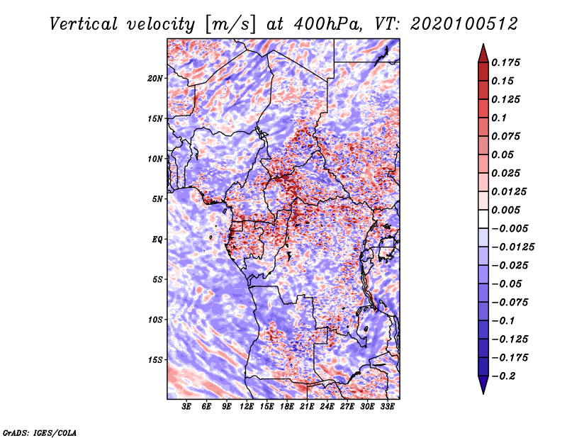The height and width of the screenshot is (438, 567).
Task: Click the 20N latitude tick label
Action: point(155,78)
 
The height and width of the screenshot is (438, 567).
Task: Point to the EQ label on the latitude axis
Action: point(157,240)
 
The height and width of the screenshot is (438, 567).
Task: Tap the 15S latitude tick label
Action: point(155,360)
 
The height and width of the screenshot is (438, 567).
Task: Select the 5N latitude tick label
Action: point(157,199)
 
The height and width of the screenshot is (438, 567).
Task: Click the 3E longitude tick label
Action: point(186,407)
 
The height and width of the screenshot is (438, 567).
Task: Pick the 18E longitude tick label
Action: point(287,407)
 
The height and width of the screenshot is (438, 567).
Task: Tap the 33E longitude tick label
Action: point(387,407)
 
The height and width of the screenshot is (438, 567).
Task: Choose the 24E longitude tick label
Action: point(327,407)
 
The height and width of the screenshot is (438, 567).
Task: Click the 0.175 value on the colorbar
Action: point(505,62)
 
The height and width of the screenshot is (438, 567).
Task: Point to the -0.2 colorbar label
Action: point(503,376)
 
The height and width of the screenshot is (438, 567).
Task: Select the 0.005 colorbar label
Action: point(505,210)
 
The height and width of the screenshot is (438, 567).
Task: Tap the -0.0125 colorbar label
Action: point(512,247)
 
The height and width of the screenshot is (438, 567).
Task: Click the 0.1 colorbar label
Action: point(499,118)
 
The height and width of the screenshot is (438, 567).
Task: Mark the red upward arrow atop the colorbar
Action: point(483,53)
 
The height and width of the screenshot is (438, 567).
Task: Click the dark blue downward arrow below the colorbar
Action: point(483,385)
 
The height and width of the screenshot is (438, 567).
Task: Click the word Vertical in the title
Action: point(84,24)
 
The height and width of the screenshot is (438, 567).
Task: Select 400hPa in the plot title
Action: point(327,24)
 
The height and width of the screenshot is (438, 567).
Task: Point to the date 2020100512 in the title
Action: point(464,24)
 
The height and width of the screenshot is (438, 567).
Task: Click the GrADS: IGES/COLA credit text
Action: point(40,432)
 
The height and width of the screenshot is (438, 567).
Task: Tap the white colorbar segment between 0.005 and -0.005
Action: point(483,219)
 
